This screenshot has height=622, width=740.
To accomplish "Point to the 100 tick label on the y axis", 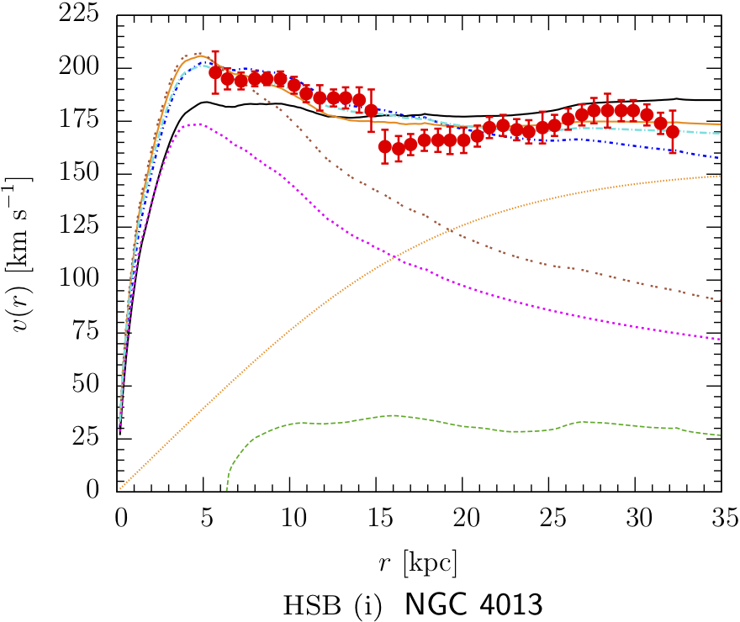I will pyautogui.click(x=81, y=280).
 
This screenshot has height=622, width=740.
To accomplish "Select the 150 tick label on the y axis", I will pyautogui.click(x=81, y=174).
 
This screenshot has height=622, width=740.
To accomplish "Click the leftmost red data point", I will pyautogui.click(x=215, y=72).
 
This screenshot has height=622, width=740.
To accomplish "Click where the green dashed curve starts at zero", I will pyautogui.click(x=228, y=489).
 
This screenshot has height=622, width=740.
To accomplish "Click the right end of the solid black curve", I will pyautogui.click(x=721, y=100).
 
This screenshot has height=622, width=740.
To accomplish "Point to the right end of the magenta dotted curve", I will pyautogui.click(x=721, y=339).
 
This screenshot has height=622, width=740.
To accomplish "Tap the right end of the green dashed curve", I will pyautogui.click(x=721, y=435).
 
